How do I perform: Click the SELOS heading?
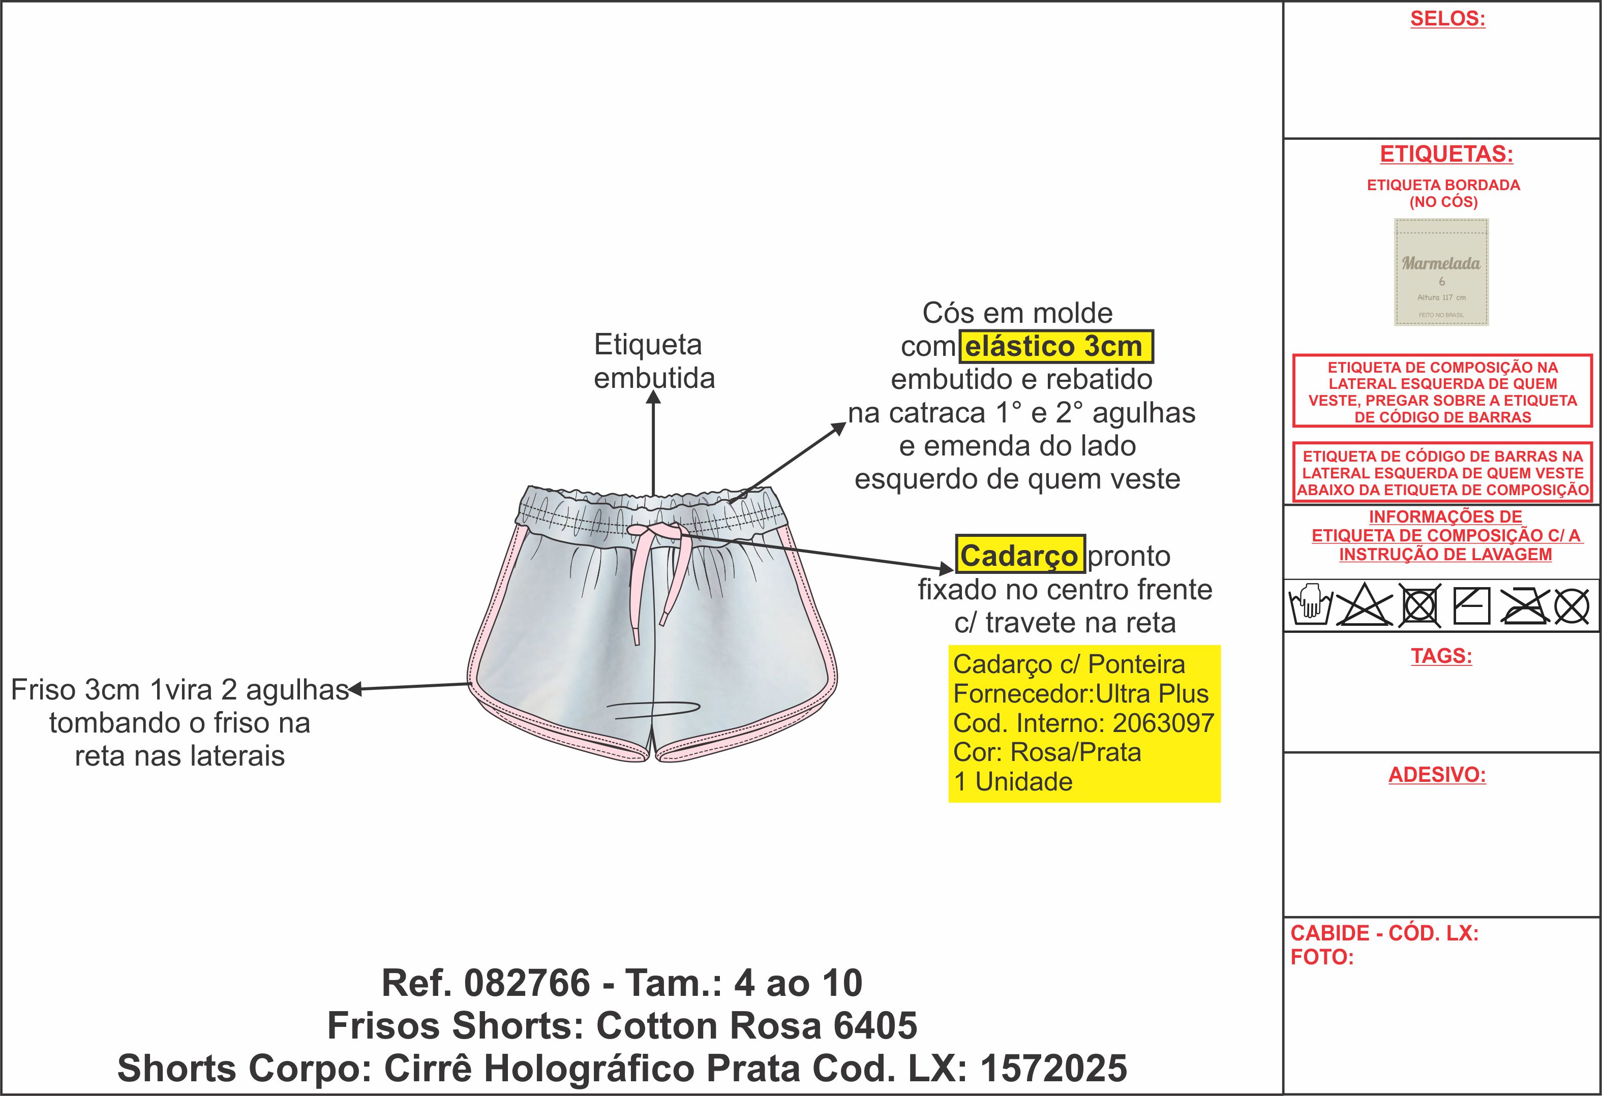pos(1447,19)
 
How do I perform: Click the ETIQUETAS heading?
pos(1446,154)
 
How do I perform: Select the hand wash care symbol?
pos(1310,604)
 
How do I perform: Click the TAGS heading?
pos(1441,656)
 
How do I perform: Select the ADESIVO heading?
pos(1437,775)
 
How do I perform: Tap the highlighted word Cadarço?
pos(1019,555)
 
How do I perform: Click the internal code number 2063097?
pos(1164,723)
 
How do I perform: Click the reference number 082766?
pos(527,983)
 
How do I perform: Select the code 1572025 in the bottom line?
pos(1054,1069)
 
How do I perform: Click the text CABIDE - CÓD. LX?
pos(1384,933)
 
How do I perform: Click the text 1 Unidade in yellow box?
pos(1013,782)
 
